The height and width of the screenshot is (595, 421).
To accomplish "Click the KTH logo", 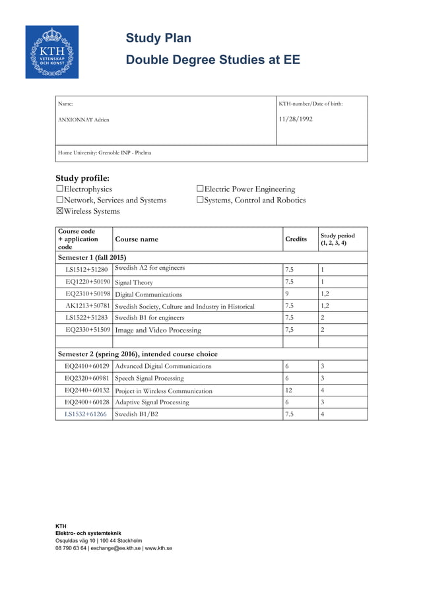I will click(x=52, y=52).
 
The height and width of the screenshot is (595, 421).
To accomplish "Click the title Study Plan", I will click(x=158, y=38).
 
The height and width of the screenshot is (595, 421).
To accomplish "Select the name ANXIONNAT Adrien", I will click(x=84, y=120).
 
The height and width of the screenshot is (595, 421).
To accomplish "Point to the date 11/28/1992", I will click(x=296, y=119).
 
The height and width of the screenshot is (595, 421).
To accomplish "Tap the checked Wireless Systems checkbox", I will click(x=59, y=211).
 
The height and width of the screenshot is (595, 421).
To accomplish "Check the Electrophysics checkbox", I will click(x=59, y=189).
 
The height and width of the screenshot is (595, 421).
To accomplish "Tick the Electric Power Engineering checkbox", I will click(x=200, y=189).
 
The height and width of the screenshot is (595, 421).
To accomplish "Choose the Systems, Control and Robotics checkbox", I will click(x=200, y=200).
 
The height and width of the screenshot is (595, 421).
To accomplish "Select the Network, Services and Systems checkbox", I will click(x=59, y=200).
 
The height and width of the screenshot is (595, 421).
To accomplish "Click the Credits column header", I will click(x=296, y=239).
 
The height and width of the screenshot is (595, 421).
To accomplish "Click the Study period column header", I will click(x=337, y=239).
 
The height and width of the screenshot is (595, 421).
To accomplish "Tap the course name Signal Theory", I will click(x=134, y=282).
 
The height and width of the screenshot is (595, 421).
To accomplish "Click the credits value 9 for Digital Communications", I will click(x=287, y=294).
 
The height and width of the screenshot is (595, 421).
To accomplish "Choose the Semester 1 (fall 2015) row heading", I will click(x=92, y=257).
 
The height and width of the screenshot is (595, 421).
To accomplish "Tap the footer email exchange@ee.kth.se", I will click(x=115, y=548).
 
